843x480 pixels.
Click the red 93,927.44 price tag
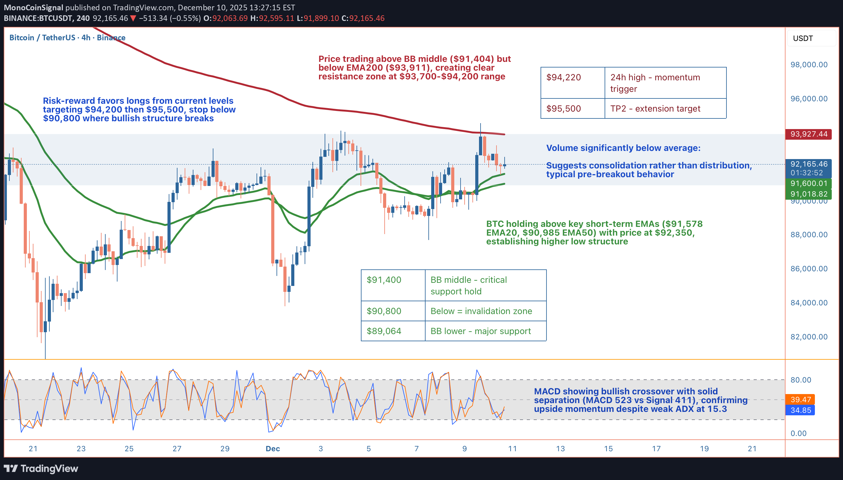(808, 134)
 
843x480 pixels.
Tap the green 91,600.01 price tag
(808, 183)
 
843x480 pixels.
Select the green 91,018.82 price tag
(808, 194)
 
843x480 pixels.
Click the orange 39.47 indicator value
(801, 400)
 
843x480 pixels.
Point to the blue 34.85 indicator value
(801, 410)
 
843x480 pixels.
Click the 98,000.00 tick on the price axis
(809, 65)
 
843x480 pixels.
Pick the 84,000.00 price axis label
(809, 302)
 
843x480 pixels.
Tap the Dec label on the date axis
(272, 449)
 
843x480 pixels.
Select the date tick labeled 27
(177, 449)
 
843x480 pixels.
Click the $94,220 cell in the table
(564, 77)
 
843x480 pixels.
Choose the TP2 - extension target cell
(655, 109)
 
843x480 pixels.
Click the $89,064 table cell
(384, 331)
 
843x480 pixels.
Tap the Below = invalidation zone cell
(481, 311)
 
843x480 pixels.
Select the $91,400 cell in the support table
(384, 280)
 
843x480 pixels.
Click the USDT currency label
(803, 38)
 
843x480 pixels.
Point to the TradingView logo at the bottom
(41, 468)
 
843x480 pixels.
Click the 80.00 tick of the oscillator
(801, 380)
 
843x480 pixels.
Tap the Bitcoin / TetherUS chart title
(67, 37)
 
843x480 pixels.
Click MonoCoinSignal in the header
(33, 7)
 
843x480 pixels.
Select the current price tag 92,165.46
(808, 164)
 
